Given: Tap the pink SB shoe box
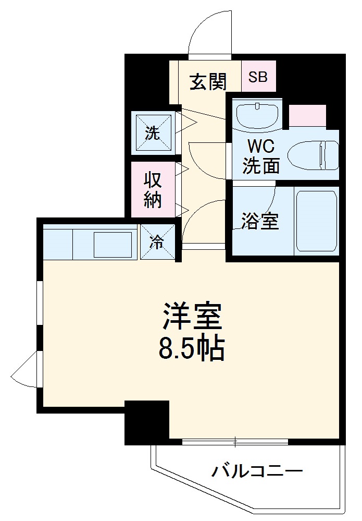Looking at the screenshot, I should [x=258, y=77].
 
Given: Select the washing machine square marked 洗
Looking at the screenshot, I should [x=153, y=132].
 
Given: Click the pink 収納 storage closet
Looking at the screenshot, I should [x=152, y=190].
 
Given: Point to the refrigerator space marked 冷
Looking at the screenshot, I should [x=157, y=241].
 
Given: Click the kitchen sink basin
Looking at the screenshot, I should [x=113, y=244].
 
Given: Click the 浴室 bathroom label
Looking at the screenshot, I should [x=260, y=221].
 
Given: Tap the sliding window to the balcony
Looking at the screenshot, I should [x=235, y=442].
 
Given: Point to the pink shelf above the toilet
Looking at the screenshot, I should [x=307, y=116].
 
